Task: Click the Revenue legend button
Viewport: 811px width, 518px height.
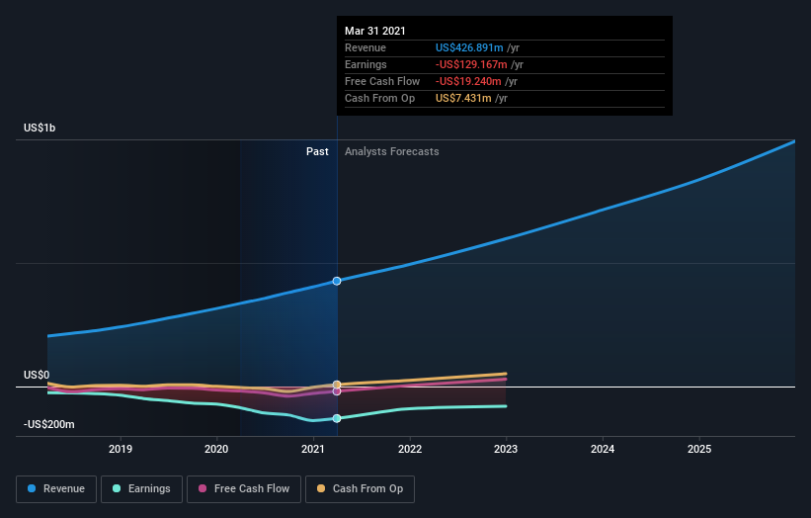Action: pyautogui.click(x=56, y=488)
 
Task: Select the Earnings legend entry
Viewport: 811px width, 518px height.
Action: pyautogui.click(x=140, y=488)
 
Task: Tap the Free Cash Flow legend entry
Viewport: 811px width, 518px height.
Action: pyautogui.click(x=243, y=488)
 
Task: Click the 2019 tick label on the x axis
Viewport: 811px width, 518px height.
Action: pyautogui.click(x=121, y=449)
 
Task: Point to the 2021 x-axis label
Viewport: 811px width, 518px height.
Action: pyautogui.click(x=313, y=449)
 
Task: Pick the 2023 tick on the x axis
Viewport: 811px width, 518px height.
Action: pyautogui.click(x=506, y=449)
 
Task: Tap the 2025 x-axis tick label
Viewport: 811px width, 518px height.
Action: pyautogui.click(x=698, y=449)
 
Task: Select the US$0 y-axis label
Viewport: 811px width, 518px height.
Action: pyautogui.click(x=37, y=375)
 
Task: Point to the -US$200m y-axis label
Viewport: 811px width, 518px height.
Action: pyautogui.click(x=49, y=424)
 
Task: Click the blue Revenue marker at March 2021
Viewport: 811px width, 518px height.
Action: pyautogui.click(x=337, y=281)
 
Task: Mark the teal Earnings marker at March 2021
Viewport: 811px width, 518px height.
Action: pyautogui.click(x=337, y=418)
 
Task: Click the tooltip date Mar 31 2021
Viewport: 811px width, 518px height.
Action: pyautogui.click(x=375, y=32)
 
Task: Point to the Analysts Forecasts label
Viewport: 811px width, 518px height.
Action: pyautogui.click(x=392, y=151)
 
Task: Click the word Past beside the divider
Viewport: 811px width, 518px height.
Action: pyautogui.click(x=317, y=151)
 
